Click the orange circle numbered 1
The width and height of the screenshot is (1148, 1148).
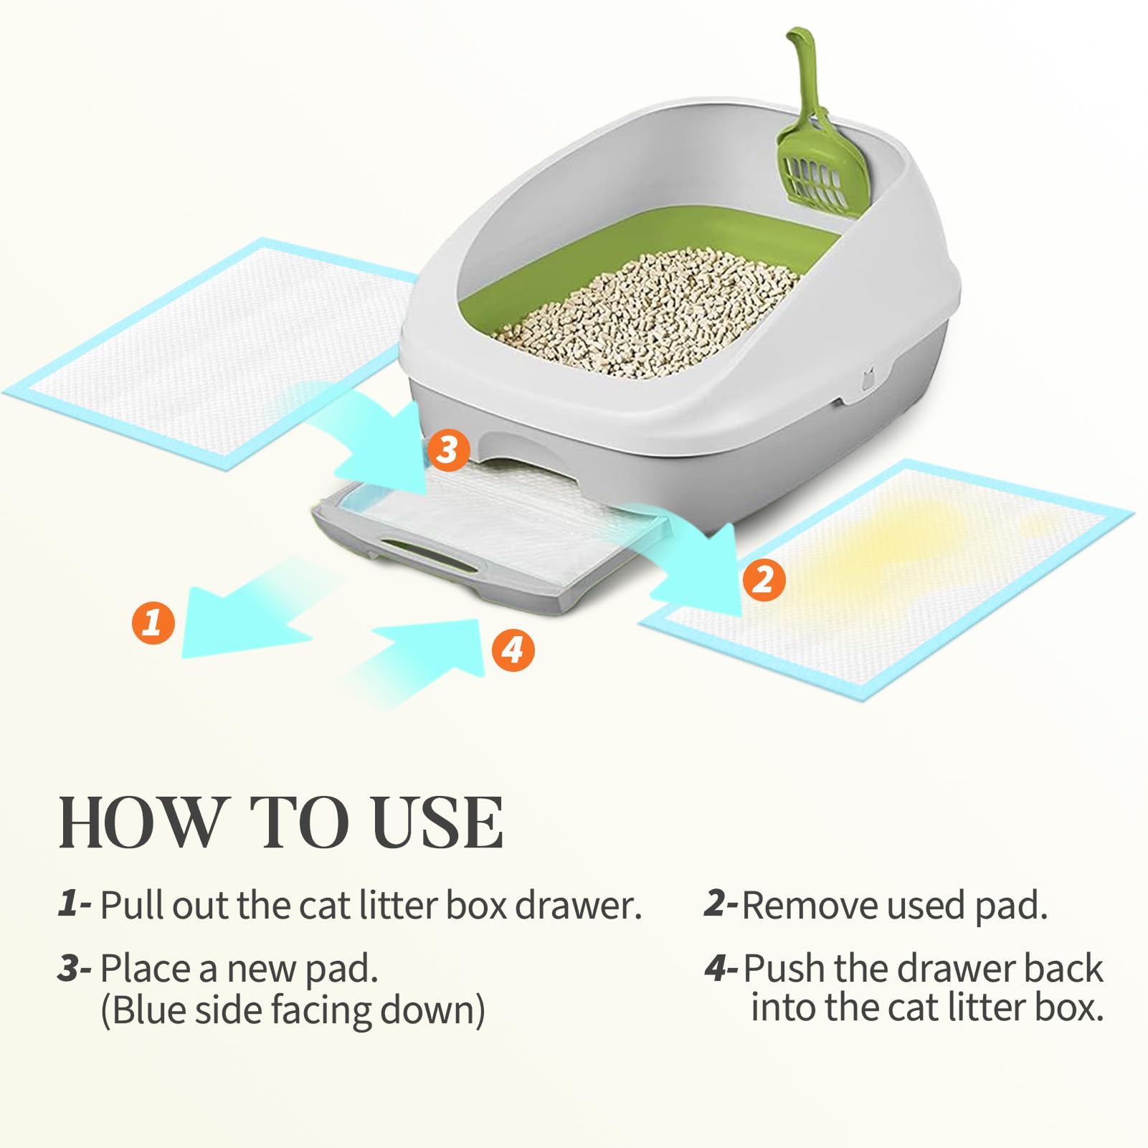(152, 622)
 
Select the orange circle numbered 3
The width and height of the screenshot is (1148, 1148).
(448, 451)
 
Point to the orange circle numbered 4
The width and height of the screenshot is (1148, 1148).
(513, 650)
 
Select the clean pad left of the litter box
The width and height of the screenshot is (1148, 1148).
(208, 351)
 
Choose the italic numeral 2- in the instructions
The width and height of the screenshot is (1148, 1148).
(721, 905)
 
